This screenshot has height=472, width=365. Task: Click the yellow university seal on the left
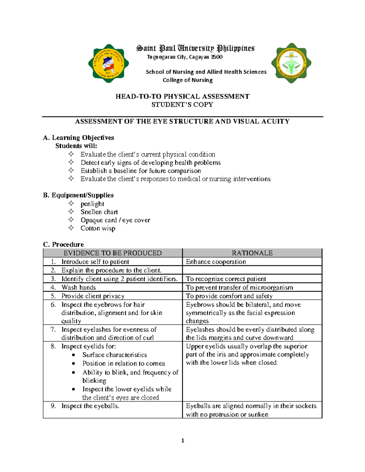pos(109,64)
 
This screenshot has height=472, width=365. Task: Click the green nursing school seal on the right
pos(291,63)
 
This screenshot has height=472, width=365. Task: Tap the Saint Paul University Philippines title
pos(195,48)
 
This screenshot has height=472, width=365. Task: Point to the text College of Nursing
pos(187,80)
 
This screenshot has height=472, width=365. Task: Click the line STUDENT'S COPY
pos(182,105)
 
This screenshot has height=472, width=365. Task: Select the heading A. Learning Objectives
pos(78,138)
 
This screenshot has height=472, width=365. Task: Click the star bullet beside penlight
pos(71,203)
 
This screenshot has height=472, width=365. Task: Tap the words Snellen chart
pos(99,212)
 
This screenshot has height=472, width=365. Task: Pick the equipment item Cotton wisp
pos(98,228)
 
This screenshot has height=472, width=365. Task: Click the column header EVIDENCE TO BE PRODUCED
pos(113,253)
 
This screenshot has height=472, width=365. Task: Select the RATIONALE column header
pos(252,253)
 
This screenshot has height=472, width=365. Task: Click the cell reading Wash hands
pos(78,288)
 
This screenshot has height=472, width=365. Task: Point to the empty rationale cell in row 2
pos(252,270)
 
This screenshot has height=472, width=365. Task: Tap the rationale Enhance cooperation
pos(216,262)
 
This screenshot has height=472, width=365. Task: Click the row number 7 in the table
pos(53,329)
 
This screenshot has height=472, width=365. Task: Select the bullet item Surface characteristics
pos(114,355)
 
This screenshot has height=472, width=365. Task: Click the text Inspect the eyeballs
pos(90,406)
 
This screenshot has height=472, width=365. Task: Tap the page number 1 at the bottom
pos(182,441)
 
